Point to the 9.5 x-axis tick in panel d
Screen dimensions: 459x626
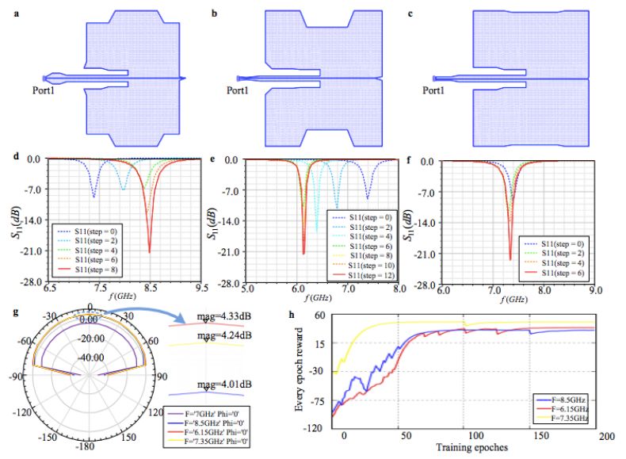pyautogui.click(x=203, y=289)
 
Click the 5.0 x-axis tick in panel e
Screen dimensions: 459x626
pyautogui.click(x=246, y=289)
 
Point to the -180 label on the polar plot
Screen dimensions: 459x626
pyautogui.click(x=94, y=449)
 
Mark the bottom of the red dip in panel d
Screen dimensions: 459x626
pyautogui.click(x=150, y=252)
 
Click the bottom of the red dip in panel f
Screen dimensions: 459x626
pyautogui.click(x=510, y=259)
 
